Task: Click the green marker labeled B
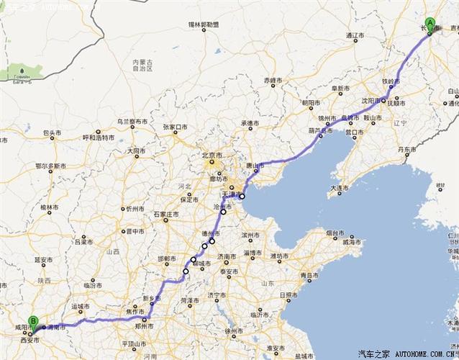coord(33,322)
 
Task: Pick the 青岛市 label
coord(312,275)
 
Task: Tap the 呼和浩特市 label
coord(99,137)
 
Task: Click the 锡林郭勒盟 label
coord(204,25)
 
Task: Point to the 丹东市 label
coord(406,150)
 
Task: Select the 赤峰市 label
coord(273,79)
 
